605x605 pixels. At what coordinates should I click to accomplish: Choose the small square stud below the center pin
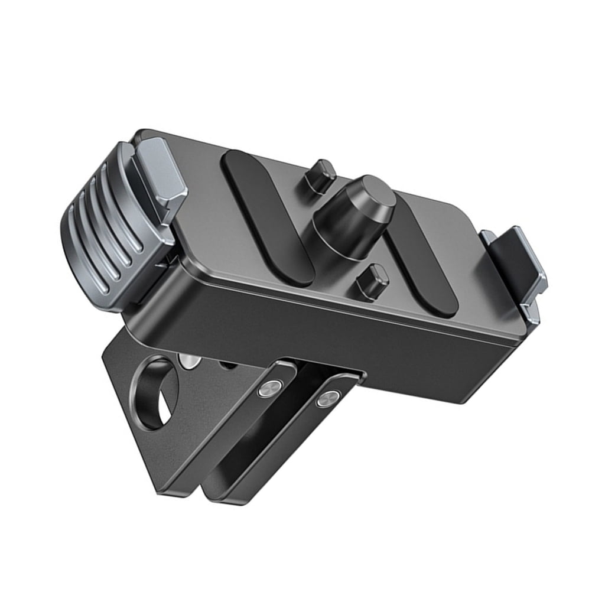pos(372,281)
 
